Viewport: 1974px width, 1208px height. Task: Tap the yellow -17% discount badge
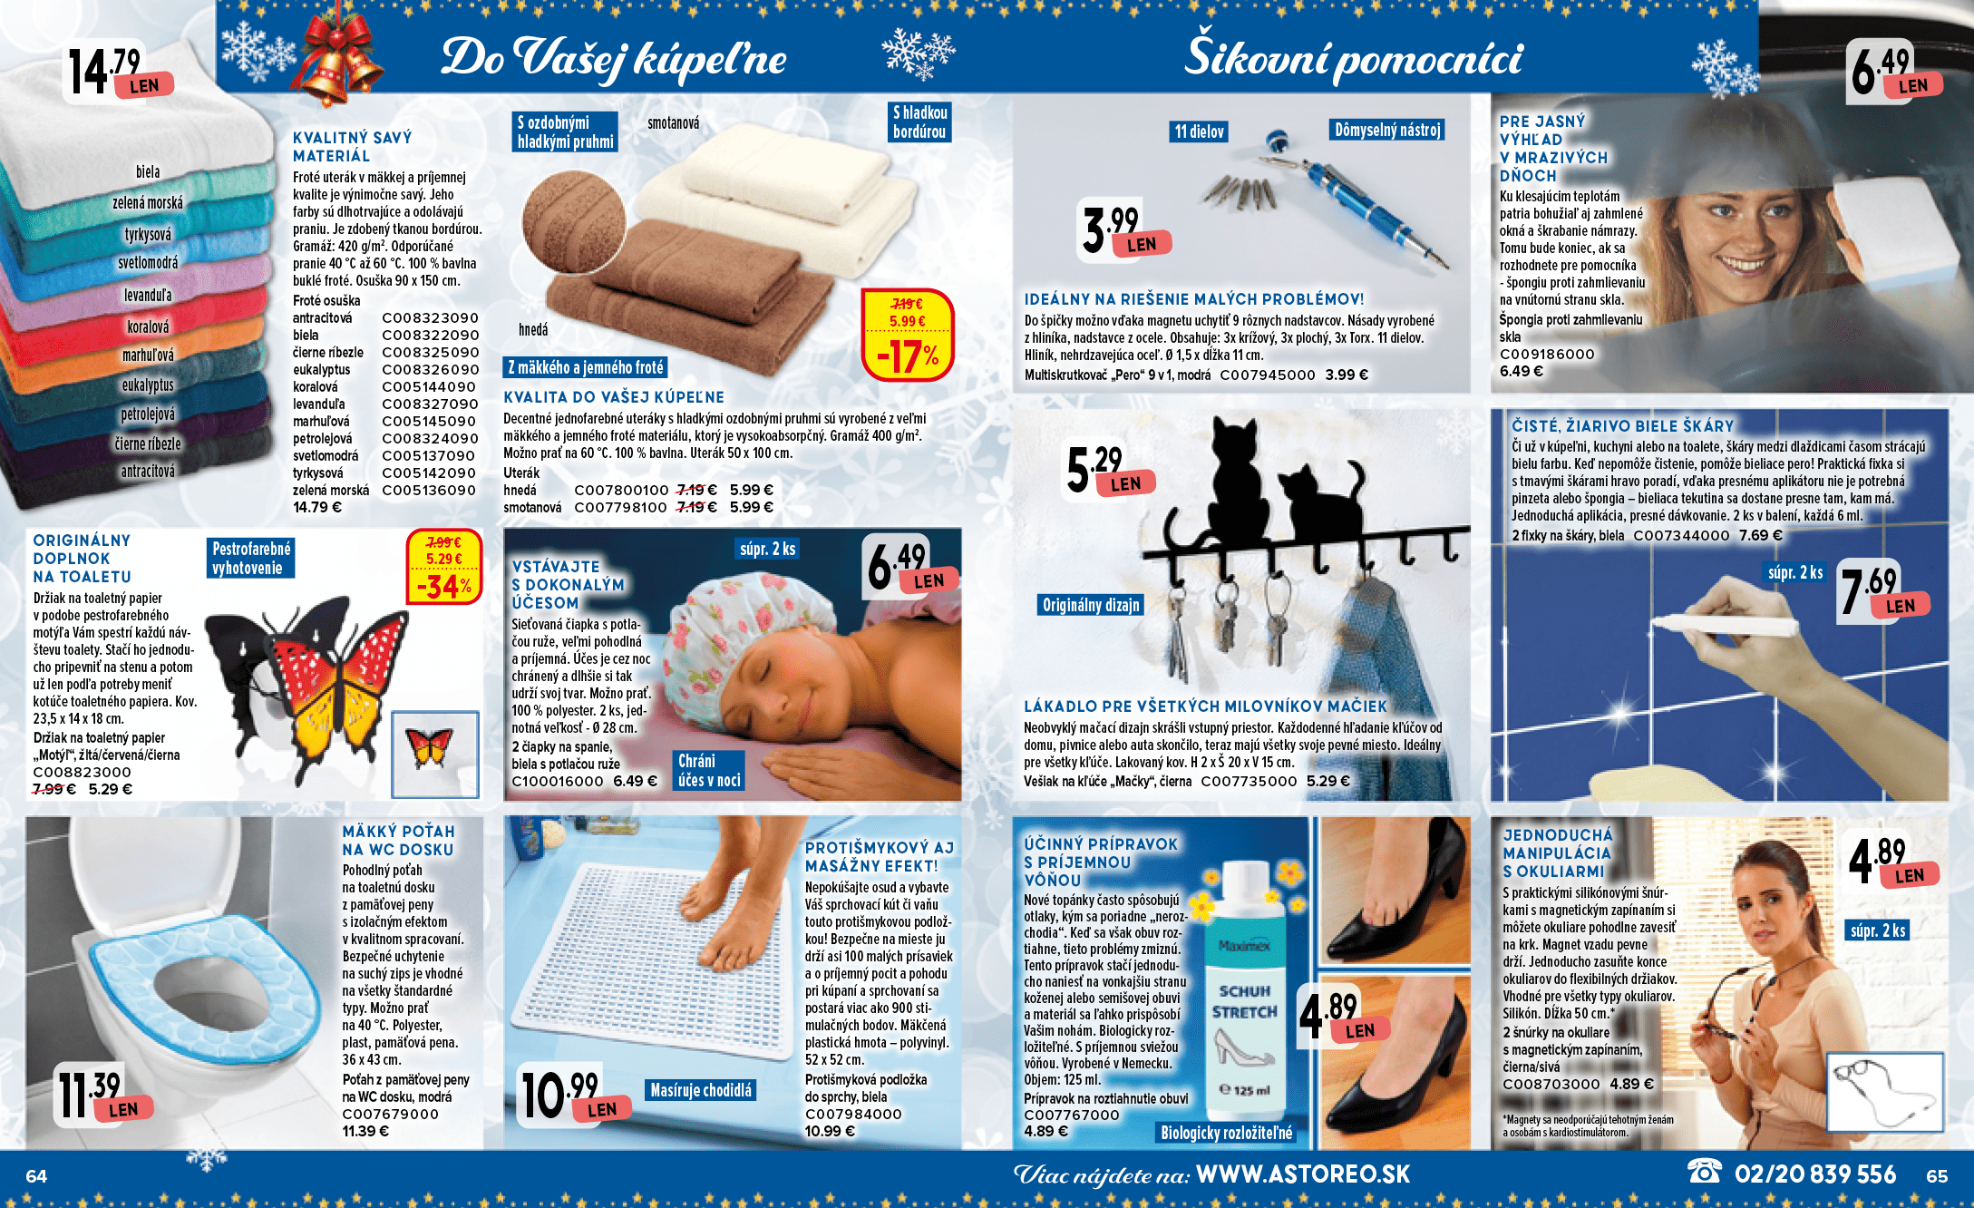click(908, 335)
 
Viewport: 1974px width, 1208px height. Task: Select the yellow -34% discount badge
click(444, 566)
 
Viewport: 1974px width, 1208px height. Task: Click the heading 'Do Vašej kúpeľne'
click(614, 56)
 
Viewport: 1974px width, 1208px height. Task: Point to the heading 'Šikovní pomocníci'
click(1354, 54)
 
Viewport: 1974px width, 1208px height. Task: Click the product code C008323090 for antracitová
click(430, 318)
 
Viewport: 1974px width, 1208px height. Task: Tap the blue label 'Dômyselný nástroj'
click(1387, 130)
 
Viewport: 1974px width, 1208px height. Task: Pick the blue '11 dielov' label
click(1199, 132)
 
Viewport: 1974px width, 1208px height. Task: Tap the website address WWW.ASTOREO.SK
click(1303, 1174)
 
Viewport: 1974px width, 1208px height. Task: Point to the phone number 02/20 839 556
click(1814, 1174)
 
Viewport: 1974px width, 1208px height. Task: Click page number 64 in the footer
click(36, 1176)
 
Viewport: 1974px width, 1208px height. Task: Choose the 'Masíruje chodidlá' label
click(701, 1090)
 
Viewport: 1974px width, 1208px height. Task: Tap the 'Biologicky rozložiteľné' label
click(1226, 1133)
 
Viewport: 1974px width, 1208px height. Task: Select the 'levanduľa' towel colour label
click(148, 295)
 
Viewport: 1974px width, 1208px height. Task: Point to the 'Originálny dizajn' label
click(1091, 605)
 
